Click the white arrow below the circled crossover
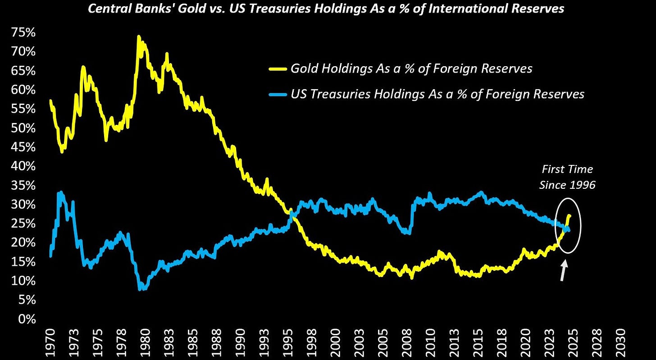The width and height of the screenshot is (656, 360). pyautogui.click(x=563, y=272)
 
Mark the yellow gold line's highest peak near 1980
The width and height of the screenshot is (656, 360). pyautogui.click(x=138, y=37)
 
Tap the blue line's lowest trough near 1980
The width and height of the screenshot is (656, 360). pyautogui.click(x=141, y=288)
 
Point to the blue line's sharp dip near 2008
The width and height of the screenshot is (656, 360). pyautogui.click(x=408, y=233)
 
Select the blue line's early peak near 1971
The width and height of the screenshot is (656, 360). pyautogui.click(x=60, y=193)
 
